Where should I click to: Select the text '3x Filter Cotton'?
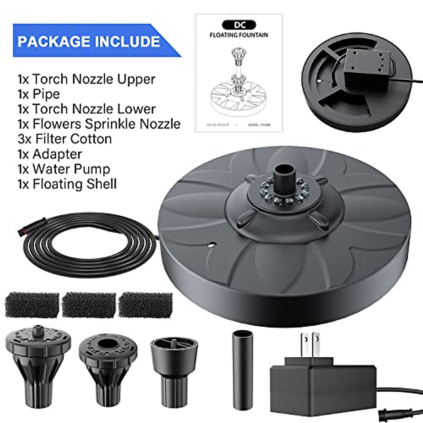[65, 139]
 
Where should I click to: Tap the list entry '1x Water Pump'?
[64, 169]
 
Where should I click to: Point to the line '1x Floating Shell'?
[67, 184]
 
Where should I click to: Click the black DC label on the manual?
[239, 25]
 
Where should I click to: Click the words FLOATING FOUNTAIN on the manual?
[239, 35]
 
